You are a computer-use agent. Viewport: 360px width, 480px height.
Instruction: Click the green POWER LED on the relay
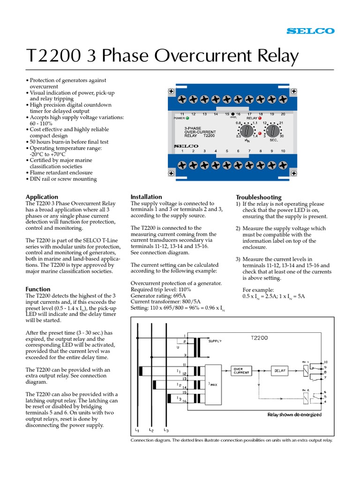click(x=187, y=118)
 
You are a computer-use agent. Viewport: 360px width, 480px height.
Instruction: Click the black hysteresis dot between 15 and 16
click(x=233, y=114)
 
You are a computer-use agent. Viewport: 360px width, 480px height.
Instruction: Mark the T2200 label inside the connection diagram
click(x=259, y=337)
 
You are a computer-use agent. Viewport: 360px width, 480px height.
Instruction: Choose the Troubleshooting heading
click(x=258, y=197)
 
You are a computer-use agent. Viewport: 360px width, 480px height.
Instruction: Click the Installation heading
click(x=146, y=197)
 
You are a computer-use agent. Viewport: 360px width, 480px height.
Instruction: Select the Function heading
click(x=38, y=289)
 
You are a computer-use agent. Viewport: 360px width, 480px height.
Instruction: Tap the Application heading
click(x=42, y=197)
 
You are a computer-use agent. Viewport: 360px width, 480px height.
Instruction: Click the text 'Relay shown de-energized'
click(x=294, y=415)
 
